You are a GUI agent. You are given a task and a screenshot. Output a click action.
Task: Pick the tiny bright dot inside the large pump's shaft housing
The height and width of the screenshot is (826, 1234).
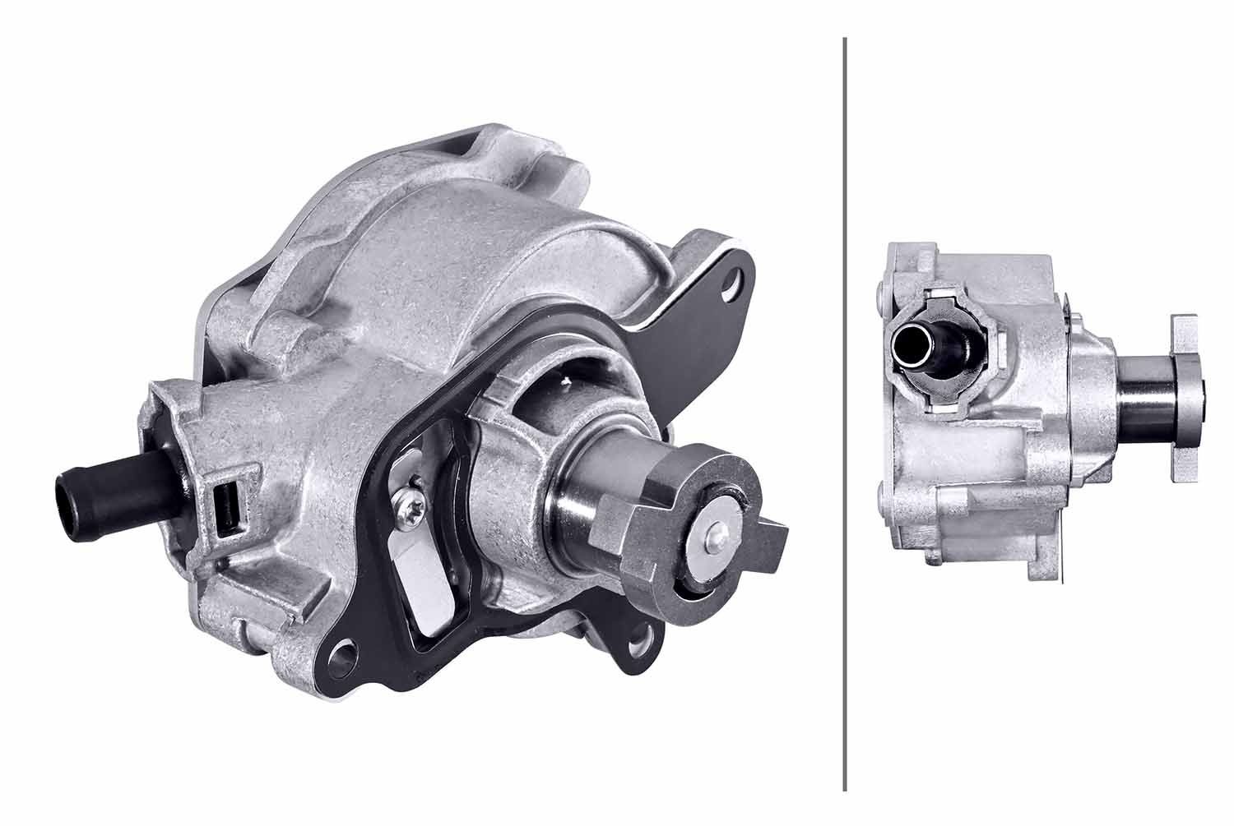[x=568, y=380]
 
